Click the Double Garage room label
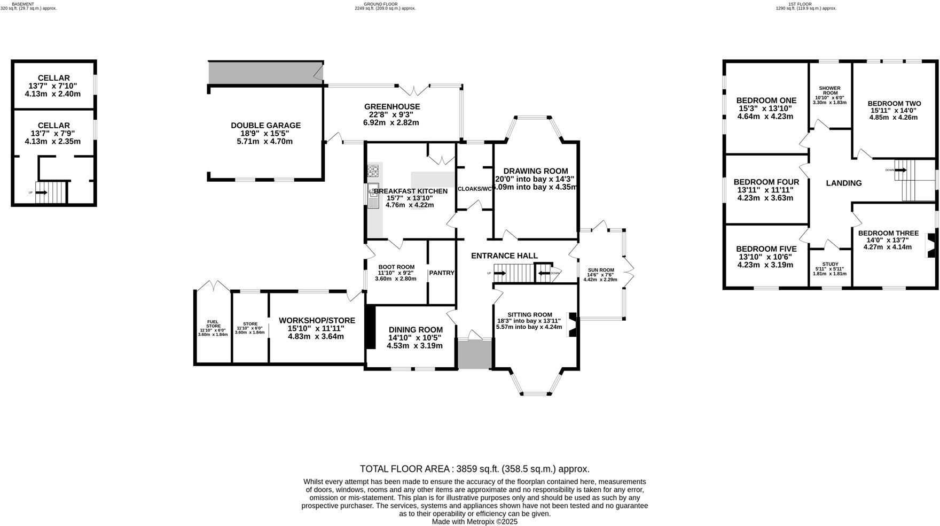click(x=265, y=126)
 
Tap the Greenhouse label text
click(x=392, y=107)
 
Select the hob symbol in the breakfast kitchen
click(x=373, y=172)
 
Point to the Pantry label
click(x=442, y=273)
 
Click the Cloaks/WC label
click(x=474, y=189)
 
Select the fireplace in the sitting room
click(x=572, y=325)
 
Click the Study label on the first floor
click(x=830, y=264)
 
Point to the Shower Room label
click(x=829, y=91)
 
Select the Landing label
click(x=843, y=183)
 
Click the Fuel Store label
click(x=213, y=324)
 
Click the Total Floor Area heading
click(x=474, y=469)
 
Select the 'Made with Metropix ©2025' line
click(x=474, y=521)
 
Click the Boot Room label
click(x=396, y=267)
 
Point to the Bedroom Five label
click(x=766, y=249)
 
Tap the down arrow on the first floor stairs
click(x=901, y=170)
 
